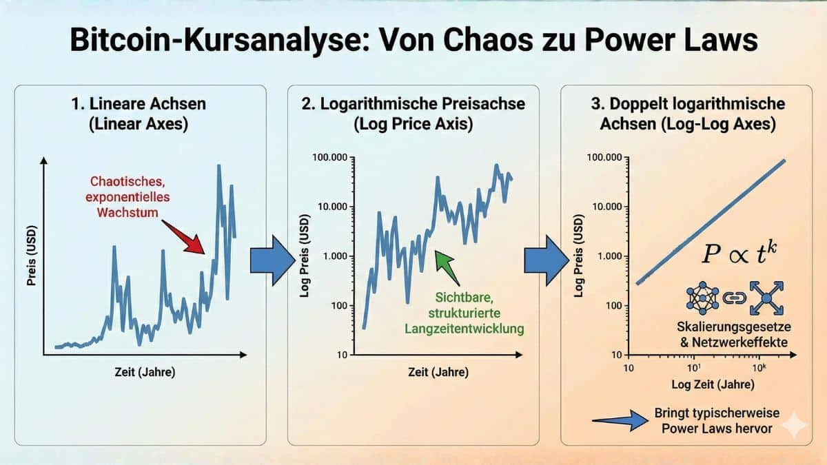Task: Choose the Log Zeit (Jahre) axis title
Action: pyautogui.click(x=704, y=384)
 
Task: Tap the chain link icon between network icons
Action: pyautogui.click(x=735, y=298)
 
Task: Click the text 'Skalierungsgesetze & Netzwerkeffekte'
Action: pyautogui.click(x=735, y=333)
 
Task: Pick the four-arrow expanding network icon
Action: pyautogui.click(x=766, y=298)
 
